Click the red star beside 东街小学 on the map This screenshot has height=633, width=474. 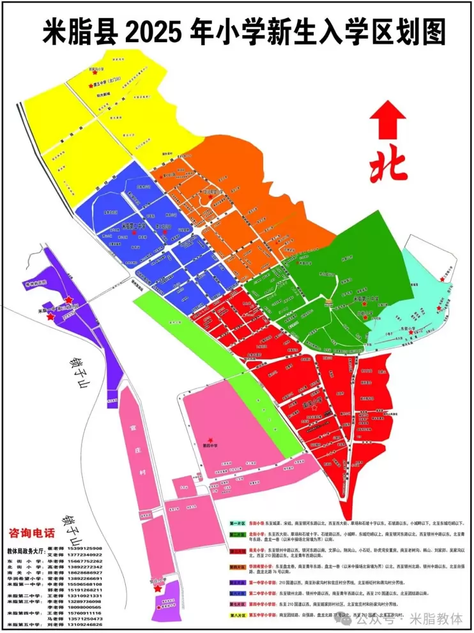point(413,333)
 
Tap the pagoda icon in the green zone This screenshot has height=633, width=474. point(330,302)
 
